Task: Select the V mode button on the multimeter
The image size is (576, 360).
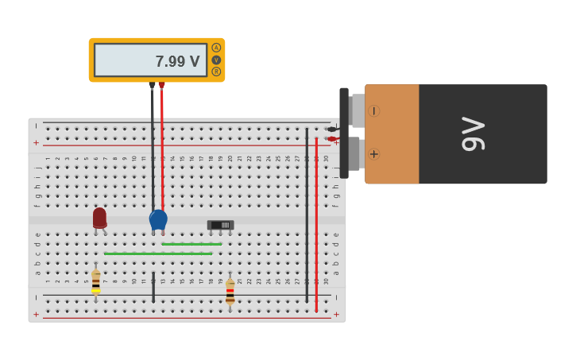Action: coord(216,60)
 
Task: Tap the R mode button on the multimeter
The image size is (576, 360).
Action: coord(216,72)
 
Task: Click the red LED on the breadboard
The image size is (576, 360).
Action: coord(99,217)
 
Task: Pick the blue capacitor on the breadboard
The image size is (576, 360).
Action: coord(158,219)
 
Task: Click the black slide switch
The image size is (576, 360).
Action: coord(220,225)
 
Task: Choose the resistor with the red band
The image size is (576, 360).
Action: coord(230,292)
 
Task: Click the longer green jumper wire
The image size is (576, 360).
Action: coord(158,254)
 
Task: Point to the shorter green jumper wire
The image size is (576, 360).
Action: coord(191,244)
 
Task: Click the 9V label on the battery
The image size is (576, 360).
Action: coord(473,134)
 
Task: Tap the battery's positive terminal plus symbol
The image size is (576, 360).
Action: coord(373,153)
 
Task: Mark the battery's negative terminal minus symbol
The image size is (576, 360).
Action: coord(373,111)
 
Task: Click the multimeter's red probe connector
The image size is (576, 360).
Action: coord(161,84)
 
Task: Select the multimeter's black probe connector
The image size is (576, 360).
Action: coord(152,84)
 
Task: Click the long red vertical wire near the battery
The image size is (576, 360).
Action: coord(316,223)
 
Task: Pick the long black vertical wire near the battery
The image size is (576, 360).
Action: coord(307,215)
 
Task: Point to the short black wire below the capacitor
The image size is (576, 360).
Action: coord(153,287)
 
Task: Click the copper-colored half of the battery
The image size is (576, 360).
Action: coord(392,134)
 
